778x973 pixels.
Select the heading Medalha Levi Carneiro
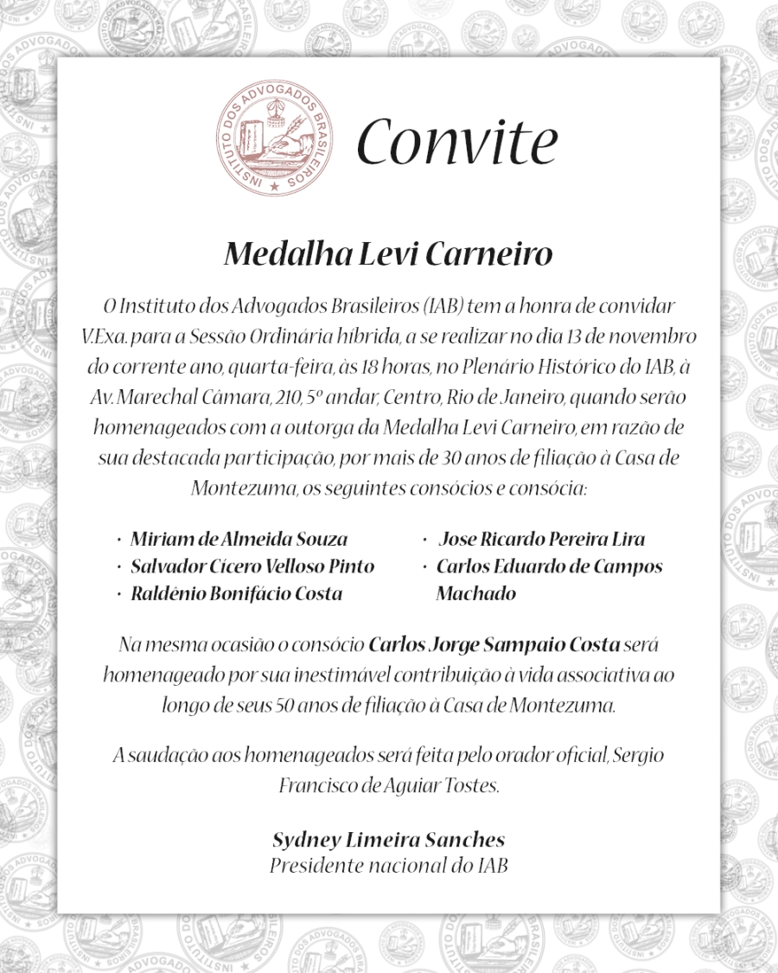[388, 256]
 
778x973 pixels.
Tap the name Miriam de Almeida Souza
[239, 540]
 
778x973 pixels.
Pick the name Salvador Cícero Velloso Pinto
[252, 567]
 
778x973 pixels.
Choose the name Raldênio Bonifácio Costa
[236, 593]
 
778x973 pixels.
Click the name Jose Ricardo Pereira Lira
[542, 540]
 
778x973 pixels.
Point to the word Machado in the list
[475, 593]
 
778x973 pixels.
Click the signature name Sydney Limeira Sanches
[388, 839]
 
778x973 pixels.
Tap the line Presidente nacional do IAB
[388, 865]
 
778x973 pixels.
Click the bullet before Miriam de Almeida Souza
[118, 541]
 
